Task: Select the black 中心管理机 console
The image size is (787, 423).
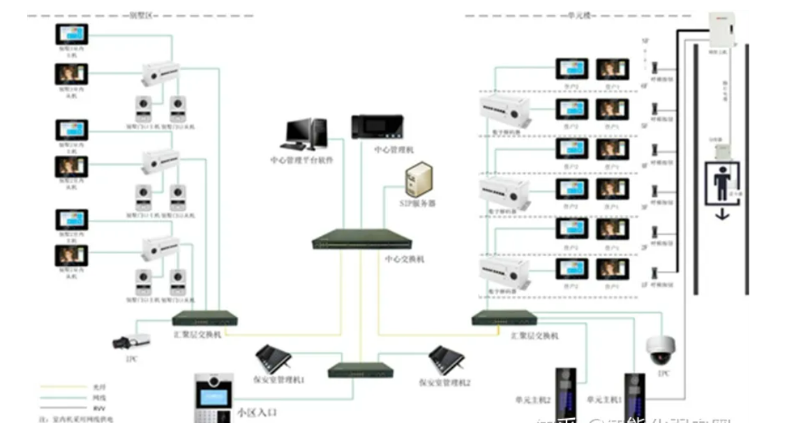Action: [377, 126]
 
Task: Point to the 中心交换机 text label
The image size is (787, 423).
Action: [405, 259]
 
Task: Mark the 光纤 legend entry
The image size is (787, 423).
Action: [88, 386]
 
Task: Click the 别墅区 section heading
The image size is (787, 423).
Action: [140, 15]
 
